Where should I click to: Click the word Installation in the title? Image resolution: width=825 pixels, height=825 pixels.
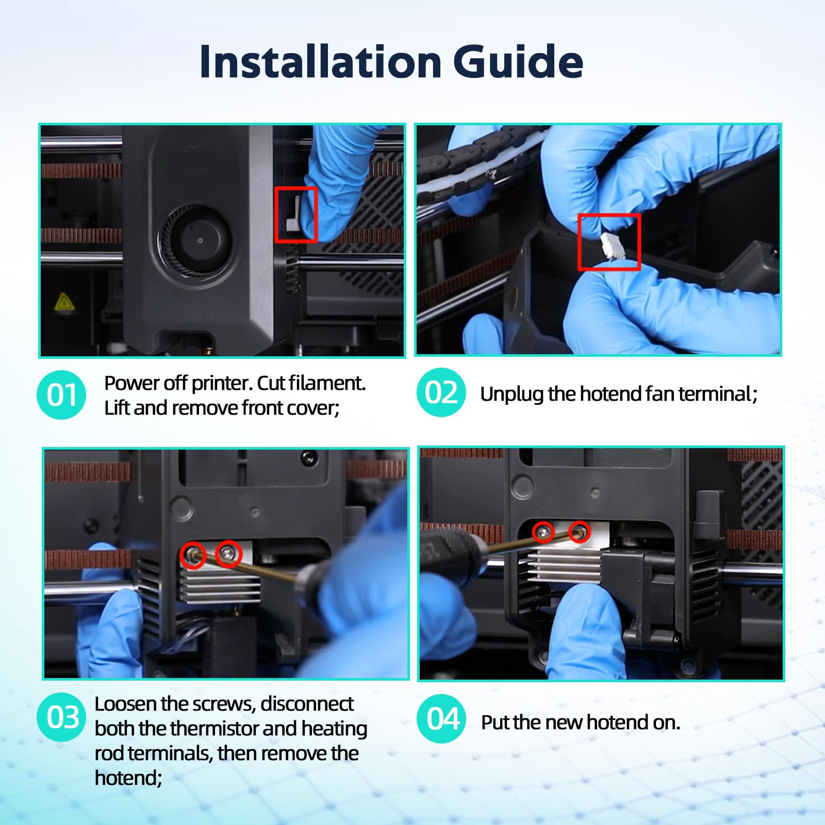320,61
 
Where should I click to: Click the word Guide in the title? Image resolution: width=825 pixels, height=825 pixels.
518,61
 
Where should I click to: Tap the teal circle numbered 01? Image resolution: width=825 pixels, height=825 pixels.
61,395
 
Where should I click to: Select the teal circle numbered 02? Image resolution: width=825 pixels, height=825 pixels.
441,392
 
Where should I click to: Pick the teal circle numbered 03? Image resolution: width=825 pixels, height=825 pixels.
61,717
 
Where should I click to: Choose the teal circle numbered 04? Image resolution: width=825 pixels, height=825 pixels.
441,719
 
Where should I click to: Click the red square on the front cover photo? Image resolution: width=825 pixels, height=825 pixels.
296,214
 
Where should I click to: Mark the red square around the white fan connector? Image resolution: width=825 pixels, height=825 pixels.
609,242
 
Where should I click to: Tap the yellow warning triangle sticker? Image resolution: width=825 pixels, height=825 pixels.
64,302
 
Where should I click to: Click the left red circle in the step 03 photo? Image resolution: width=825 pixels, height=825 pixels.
193,555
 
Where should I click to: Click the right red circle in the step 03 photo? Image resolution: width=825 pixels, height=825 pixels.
228,554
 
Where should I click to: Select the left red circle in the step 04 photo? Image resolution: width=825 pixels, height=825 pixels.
543,532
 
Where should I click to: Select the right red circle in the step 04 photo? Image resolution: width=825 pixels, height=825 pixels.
579,532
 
